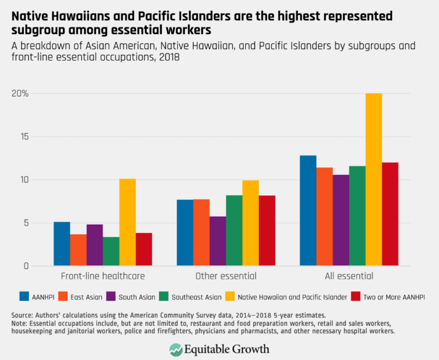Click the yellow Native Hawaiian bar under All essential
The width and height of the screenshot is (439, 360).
tap(374, 179)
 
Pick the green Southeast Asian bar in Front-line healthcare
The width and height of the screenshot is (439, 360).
tap(111, 251)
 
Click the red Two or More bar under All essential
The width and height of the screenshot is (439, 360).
tap(390, 214)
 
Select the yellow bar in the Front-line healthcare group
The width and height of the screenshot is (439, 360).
tap(127, 222)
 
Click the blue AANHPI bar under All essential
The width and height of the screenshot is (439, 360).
tap(308, 210)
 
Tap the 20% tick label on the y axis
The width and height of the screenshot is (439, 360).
tap(21, 94)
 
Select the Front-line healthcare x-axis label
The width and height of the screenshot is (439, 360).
tap(102, 276)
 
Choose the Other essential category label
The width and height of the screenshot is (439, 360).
tap(226, 276)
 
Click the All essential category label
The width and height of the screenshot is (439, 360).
tap(349, 276)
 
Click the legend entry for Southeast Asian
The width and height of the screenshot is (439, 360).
tap(197, 296)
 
